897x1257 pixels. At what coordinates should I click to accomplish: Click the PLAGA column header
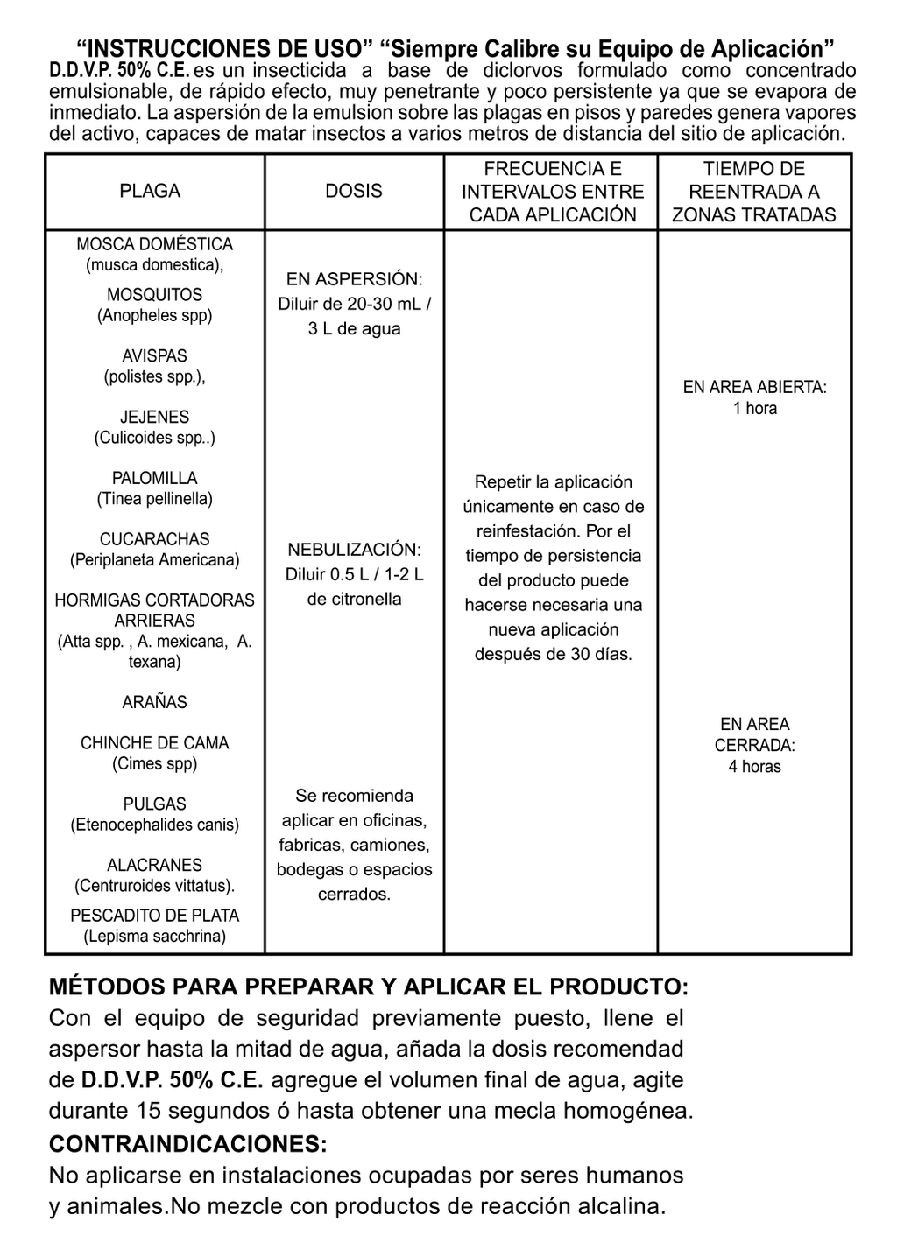pyautogui.click(x=150, y=191)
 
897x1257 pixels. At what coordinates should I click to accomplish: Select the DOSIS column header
pyautogui.click(x=354, y=191)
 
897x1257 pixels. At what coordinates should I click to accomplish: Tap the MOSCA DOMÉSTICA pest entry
pyautogui.click(x=154, y=244)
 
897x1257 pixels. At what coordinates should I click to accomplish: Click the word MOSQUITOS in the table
pyautogui.click(x=154, y=295)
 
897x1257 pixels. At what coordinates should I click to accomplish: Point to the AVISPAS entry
pyautogui.click(x=154, y=356)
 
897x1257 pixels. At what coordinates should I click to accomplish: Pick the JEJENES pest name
pyautogui.click(x=154, y=418)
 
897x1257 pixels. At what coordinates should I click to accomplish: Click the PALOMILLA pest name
pyautogui.click(x=154, y=478)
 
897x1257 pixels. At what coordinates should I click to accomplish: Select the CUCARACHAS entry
pyautogui.click(x=154, y=539)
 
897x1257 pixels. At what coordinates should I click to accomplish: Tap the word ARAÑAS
pyautogui.click(x=154, y=702)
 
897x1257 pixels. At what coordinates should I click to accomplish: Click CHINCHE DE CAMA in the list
pyautogui.click(x=154, y=743)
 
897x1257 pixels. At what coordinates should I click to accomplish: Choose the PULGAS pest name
pyautogui.click(x=154, y=804)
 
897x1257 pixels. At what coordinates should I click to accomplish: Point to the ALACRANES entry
pyautogui.click(x=154, y=865)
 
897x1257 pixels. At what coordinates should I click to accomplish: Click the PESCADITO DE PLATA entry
pyautogui.click(x=154, y=916)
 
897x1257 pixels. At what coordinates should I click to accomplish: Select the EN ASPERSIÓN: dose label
pyautogui.click(x=354, y=279)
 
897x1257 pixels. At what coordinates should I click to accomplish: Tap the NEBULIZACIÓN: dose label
pyautogui.click(x=354, y=550)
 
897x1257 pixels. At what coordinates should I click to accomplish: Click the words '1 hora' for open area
pyautogui.click(x=755, y=408)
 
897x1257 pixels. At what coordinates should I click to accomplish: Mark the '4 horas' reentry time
pyautogui.click(x=755, y=767)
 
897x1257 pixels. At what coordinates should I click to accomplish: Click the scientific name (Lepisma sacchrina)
pyautogui.click(x=154, y=937)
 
